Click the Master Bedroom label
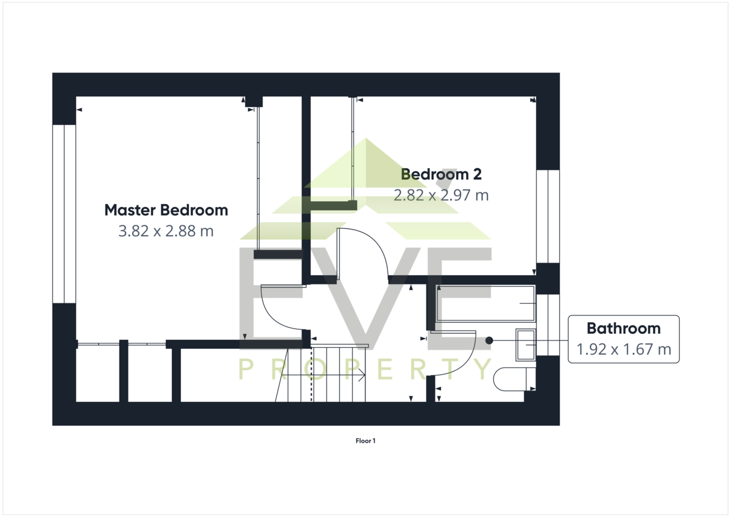pyautogui.click(x=166, y=210)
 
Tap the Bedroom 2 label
pyautogui.click(x=441, y=174)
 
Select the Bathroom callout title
pyautogui.click(x=624, y=328)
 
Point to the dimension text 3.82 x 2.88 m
pyautogui.click(x=166, y=231)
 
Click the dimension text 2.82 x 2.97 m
pyautogui.click(x=441, y=195)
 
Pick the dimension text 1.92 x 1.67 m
pyautogui.click(x=624, y=350)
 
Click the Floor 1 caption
pyautogui.click(x=365, y=441)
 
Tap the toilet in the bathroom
pyautogui.click(x=514, y=379)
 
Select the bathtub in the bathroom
pyautogui.click(x=486, y=304)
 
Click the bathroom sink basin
pyautogui.click(x=526, y=345)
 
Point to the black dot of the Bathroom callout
pyautogui.click(x=489, y=340)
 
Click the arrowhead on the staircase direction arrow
pyautogui.click(x=362, y=375)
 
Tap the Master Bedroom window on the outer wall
pyautogui.click(x=65, y=214)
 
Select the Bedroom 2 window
pyautogui.click(x=548, y=216)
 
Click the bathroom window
pyautogui.click(x=548, y=325)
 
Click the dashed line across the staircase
pyautogui.click(x=311, y=375)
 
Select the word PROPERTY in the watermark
pyautogui.click(x=365, y=369)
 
